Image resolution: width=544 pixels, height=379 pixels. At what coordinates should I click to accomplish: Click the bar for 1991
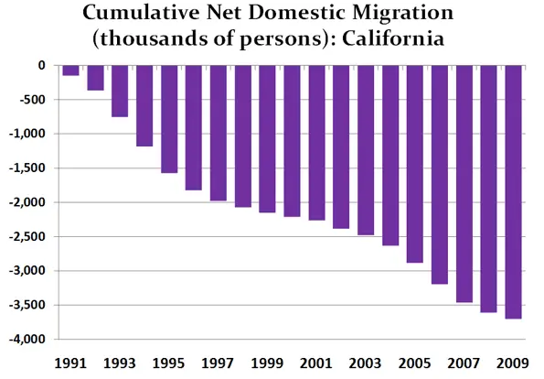[70, 70]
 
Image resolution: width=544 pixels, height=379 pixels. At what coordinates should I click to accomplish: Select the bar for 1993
[120, 91]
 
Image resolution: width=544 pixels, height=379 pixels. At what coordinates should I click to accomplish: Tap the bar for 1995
[169, 119]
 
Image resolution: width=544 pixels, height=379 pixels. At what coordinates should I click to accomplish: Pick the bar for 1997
[219, 133]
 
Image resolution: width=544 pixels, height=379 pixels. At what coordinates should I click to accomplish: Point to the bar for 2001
[316, 143]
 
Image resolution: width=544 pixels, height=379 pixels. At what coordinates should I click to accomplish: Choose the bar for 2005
[415, 164]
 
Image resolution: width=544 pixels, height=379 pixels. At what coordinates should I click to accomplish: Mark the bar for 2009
[513, 192]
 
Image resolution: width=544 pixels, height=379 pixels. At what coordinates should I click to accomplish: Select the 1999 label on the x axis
[267, 363]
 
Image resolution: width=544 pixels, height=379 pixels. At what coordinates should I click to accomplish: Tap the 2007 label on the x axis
[464, 363]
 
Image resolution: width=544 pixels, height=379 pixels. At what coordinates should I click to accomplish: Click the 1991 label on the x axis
[70, 363]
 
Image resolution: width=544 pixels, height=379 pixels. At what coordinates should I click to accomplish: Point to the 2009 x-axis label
[513, 363]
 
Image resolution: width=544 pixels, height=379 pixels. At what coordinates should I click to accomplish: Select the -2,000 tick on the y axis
[27, 202]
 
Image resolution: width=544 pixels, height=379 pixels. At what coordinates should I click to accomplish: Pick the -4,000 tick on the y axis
[27, 340]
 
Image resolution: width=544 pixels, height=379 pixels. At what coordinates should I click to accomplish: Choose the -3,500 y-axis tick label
[27, 305]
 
